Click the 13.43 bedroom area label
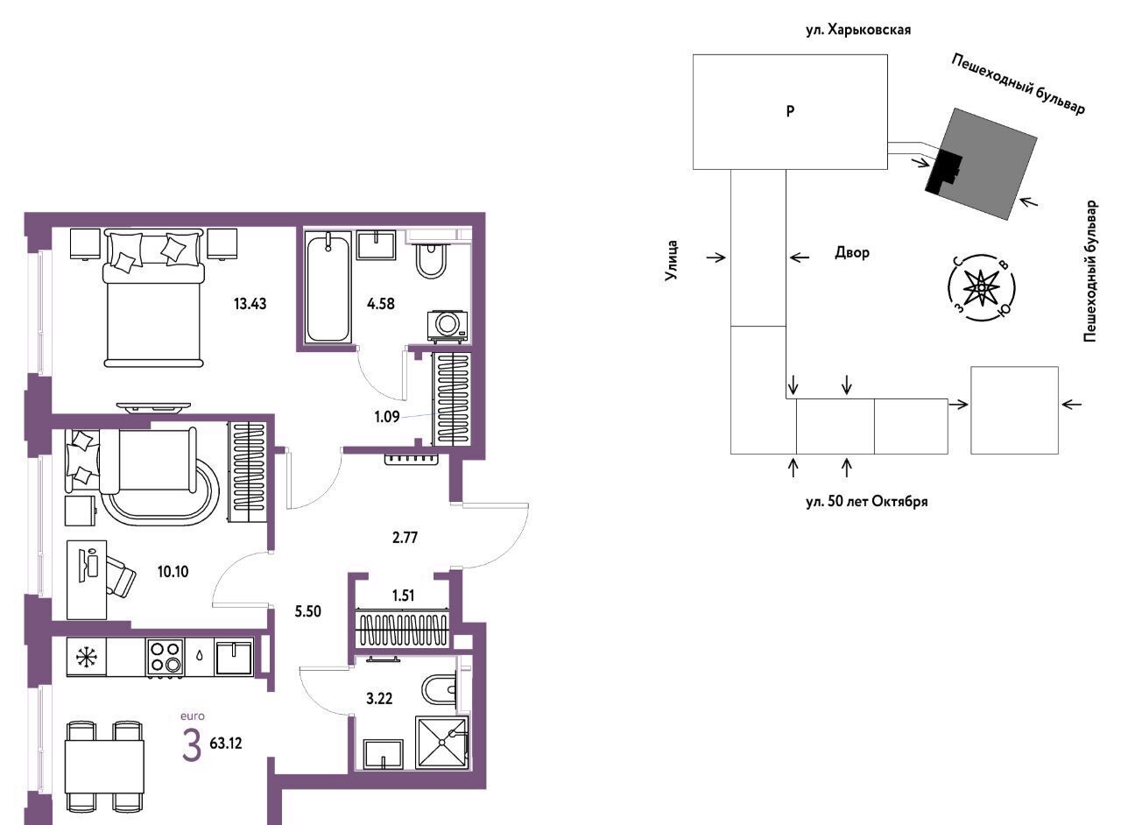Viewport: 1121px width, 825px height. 250,304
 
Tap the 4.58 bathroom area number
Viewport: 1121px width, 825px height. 381,304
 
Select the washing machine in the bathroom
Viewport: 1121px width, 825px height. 448,327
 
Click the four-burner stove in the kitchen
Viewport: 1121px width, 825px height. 166,658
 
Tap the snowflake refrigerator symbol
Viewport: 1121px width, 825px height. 87,658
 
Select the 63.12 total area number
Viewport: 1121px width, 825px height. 226,744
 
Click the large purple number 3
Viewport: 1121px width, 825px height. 192,745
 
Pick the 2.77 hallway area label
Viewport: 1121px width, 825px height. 405,538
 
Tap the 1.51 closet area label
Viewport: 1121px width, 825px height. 404,596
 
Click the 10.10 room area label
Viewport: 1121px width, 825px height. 173,572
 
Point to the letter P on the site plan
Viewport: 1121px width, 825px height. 790,111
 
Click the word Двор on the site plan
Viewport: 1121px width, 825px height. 852,253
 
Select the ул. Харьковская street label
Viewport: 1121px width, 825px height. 858,30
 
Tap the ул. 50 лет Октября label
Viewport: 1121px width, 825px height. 867,502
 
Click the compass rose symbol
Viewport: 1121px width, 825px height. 982,288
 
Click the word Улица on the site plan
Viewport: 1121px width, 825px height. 672,260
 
